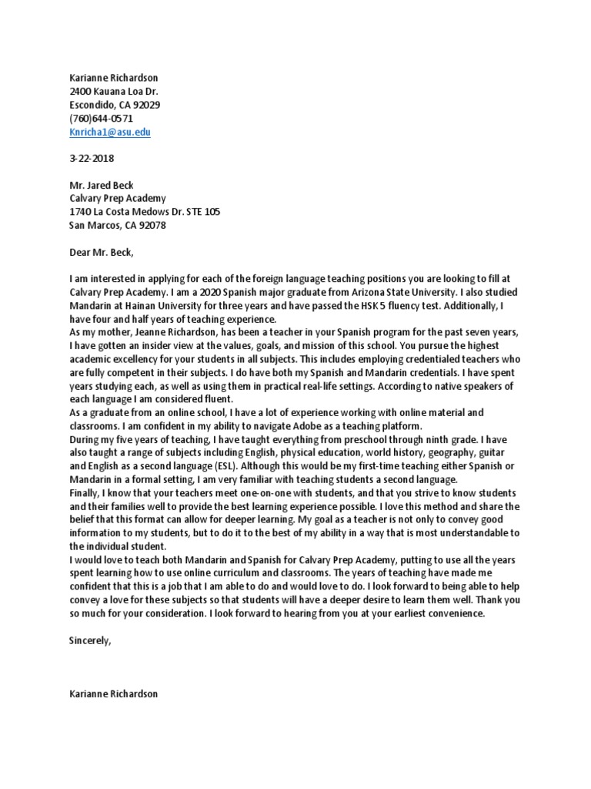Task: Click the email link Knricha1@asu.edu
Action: click(x=109, y=132)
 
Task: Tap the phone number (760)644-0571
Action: click(x=101, y=119)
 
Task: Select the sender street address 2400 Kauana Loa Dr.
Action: click(x=114, y=92)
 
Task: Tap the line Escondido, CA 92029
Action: click(x=115, y=106)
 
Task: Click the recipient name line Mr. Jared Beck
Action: click(x=102, y=185)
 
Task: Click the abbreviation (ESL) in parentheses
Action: click(x=217, y=466)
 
